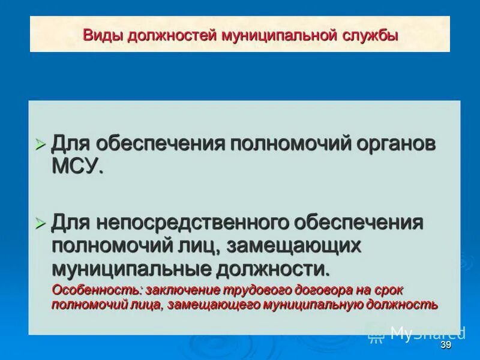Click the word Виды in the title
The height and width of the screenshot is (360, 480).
coord(100,35)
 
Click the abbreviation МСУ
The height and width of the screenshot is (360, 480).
coord(77,166)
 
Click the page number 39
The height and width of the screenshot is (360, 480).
coord(445,345)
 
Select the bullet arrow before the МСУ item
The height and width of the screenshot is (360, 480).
coord(40,145)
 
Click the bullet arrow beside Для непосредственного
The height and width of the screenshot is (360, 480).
coord(40,223)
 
